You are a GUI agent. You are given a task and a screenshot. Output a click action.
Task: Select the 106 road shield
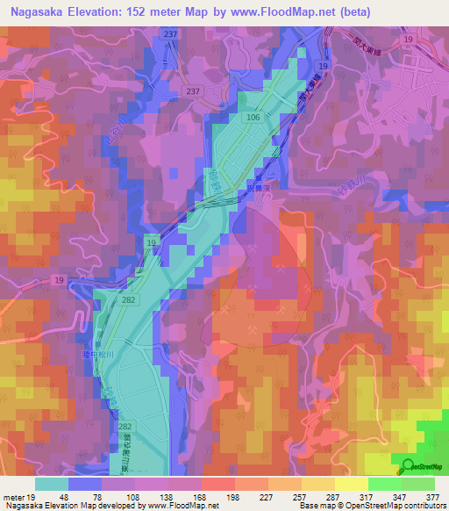point(254,116)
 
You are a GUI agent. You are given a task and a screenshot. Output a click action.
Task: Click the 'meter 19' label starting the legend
point(18,496)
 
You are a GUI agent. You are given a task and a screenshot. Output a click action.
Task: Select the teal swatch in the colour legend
point(51,484)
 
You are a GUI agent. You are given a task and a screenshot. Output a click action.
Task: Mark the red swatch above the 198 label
point(217,484)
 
